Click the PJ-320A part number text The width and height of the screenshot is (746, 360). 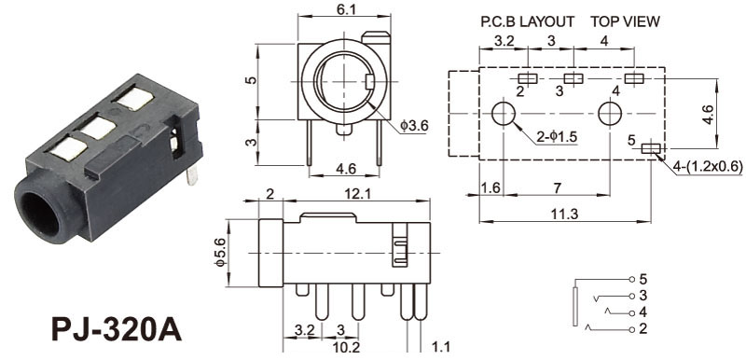tap(117, 329)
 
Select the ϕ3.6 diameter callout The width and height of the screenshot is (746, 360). tap(414, 126)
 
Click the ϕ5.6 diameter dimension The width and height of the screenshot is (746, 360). tap(220, 254)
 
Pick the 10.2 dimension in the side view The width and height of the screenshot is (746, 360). tap(346, 348)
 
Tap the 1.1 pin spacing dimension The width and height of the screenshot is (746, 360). tap(440, 347)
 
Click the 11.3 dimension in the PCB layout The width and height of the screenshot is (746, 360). tap(565, 215)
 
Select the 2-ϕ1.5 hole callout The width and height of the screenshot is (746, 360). tap(557, 136)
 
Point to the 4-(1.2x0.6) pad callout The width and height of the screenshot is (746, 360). tap(708, 166)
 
